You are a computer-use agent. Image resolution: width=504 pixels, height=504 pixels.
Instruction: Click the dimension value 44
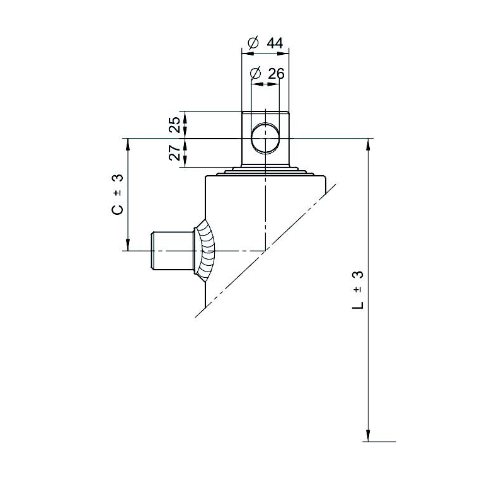pos(275,42)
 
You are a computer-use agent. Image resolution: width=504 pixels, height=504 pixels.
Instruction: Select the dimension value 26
pos(276,74)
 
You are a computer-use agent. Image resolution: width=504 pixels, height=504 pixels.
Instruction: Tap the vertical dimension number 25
pos(175,125)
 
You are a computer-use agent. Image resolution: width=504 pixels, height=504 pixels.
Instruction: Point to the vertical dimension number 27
pos(175,152)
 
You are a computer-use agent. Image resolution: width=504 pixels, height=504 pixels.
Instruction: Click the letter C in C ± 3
pos(117,210)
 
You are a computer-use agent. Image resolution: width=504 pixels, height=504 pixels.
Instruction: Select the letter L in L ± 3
pos(357,305)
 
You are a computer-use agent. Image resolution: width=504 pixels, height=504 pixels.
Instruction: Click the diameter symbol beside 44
pos(253,43)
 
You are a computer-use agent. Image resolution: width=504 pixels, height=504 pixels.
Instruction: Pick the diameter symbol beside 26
pos(255,74)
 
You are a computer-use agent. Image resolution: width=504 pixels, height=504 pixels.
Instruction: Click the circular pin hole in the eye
pos(265,139)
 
